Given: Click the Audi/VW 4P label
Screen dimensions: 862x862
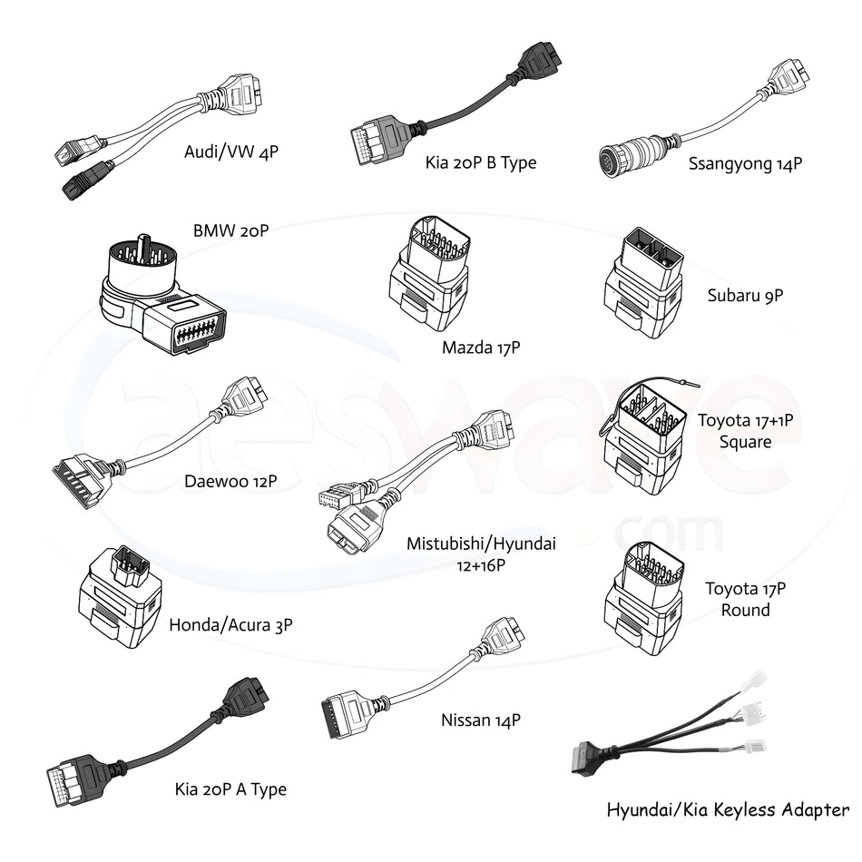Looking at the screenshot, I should point(230,152).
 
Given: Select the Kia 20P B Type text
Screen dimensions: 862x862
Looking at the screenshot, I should point(481,162).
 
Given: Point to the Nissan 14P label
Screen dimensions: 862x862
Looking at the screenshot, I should point(481,720).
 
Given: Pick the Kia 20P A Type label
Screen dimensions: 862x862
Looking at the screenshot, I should point(230,789).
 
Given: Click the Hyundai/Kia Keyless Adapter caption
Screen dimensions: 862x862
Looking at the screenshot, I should point(728,809).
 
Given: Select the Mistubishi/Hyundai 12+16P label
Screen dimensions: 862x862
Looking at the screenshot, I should point(481,554).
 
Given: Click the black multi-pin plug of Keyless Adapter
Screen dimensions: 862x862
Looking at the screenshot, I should point(591,759).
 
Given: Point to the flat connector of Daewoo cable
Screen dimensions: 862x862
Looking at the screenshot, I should point(83,477).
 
